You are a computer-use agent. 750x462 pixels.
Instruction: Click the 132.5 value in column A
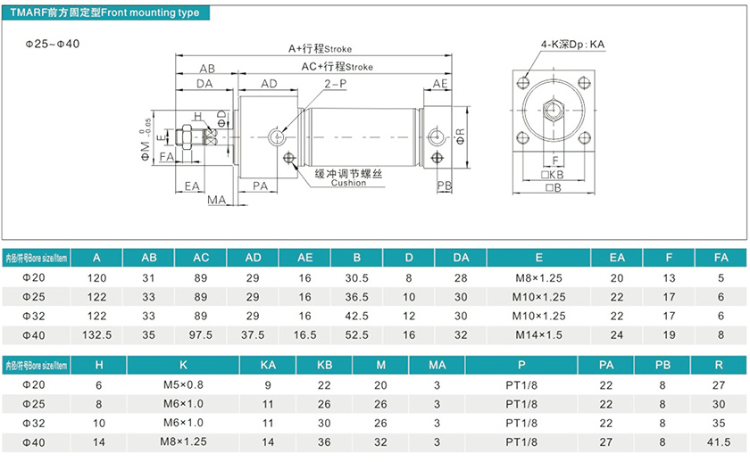pos(96,334)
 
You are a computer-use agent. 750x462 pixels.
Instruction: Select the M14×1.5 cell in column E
pos(538,334)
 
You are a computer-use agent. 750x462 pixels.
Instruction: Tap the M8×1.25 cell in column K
pos(182,441)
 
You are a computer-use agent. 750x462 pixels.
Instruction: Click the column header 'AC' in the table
pos(201,258)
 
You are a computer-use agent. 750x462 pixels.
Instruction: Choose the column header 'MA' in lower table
pos(437,365)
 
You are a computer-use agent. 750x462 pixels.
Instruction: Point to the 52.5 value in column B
pos(357,334)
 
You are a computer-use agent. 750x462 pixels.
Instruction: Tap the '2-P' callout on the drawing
pos(335,83)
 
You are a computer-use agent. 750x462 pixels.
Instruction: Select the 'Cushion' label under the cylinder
pos(348,183)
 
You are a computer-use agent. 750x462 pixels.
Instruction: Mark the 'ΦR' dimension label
pos(461,136)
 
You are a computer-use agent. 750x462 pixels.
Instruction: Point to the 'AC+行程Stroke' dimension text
pos(337,67)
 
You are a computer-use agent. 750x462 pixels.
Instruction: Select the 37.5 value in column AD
pos(254,334)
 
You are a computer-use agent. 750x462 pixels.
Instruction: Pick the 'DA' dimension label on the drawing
pos(204,84)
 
